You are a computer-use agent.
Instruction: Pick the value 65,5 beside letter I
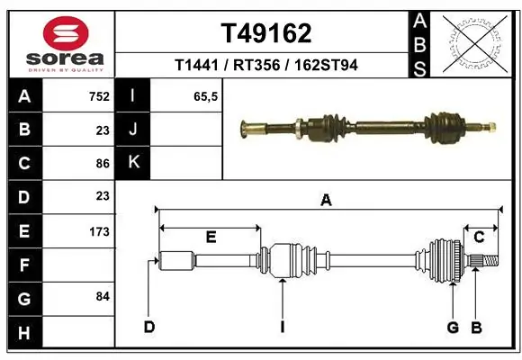pos(207,96)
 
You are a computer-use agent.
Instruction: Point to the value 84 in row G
pos(101,296)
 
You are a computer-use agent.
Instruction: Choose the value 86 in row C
pos(101,164)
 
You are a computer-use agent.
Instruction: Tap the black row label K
pos(134,163)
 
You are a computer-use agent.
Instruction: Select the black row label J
pos(134,130)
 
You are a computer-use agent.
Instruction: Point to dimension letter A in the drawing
pos(326,202)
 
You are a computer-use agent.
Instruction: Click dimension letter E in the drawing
pos(211,238)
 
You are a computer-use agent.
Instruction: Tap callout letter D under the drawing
pos(149,326)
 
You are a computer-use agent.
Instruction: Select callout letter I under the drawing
pos(282,326)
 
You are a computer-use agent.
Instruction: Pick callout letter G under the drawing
pos(453,326)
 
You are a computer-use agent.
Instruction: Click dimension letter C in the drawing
pos(480,238)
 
